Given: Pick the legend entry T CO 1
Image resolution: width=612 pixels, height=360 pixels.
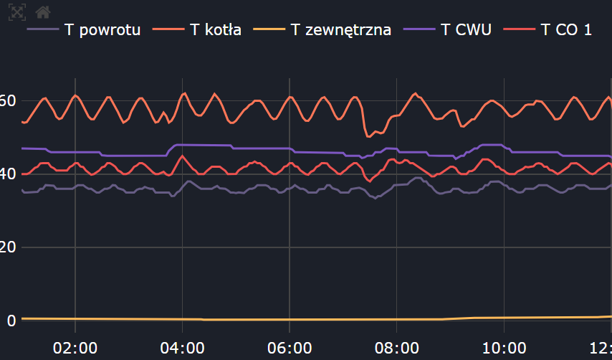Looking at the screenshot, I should [567, 30].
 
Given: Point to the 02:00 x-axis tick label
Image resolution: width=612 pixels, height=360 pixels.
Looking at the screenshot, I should [75, 348].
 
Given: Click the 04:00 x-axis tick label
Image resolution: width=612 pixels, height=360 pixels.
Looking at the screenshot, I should [182, 348].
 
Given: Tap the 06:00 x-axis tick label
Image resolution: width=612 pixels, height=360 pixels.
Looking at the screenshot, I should [290, 348].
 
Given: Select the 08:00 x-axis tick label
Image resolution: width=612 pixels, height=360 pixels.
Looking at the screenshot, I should [397, 348].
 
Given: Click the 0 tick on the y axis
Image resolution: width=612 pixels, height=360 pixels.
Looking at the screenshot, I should [11, 320].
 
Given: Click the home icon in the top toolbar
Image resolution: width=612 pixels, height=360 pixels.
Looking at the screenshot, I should [43, 11].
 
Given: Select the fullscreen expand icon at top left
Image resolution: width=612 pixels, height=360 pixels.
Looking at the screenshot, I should [18, 11].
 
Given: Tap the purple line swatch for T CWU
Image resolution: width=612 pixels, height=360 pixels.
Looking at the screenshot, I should [420, 30].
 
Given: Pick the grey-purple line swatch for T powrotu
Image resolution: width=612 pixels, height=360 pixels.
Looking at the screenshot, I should [42, 30].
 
